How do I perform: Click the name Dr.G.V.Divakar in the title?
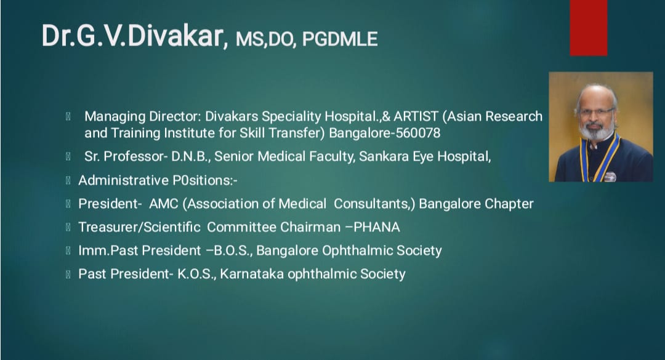point(132,36)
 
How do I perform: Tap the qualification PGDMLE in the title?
point(340,39)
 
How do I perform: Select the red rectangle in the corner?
point(588,28)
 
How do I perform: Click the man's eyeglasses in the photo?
point(596,112)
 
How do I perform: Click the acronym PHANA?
point(377,227)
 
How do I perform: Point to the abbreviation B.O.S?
point(233,250)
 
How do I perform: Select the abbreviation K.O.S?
point(196,274)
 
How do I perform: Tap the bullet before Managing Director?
point(68,116)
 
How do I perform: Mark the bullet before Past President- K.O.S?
point(68,274)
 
